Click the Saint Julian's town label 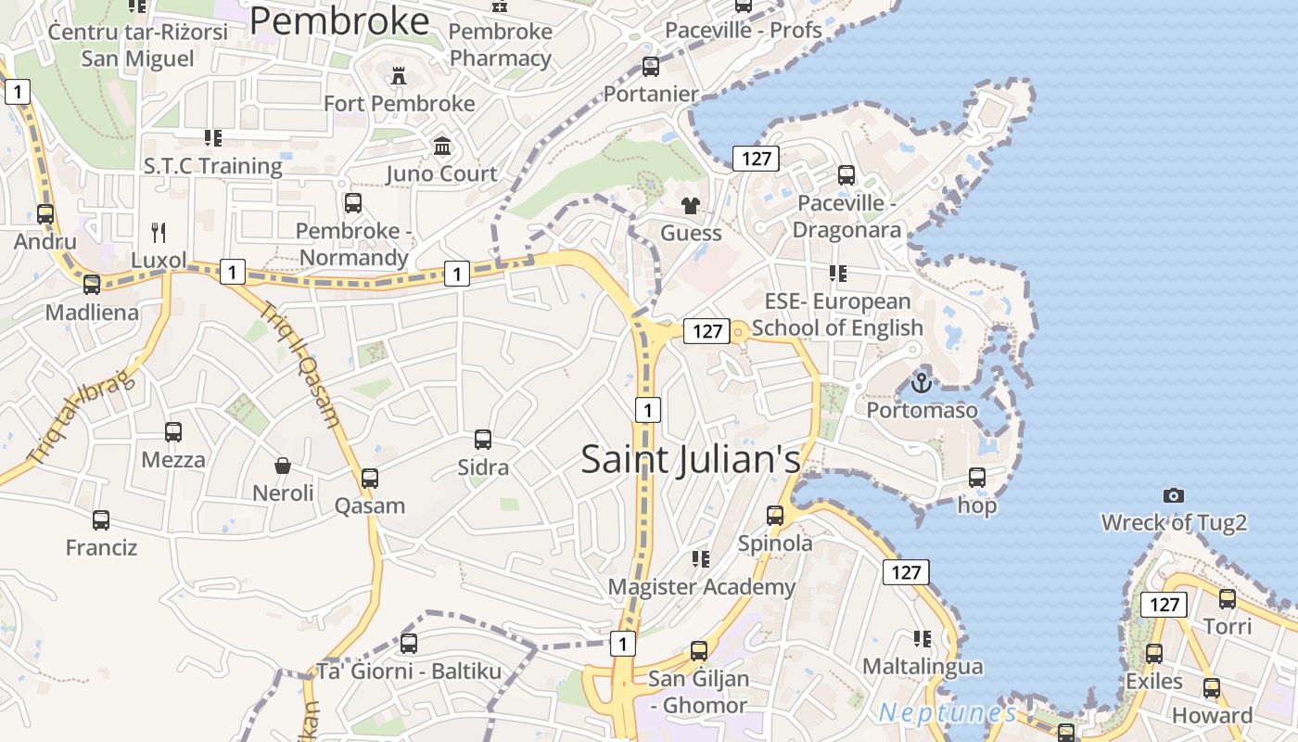[x=691, y=459]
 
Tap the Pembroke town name [x=339, y=20]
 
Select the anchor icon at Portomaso [x=921, y=382]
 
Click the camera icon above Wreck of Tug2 [x=1174, y=496]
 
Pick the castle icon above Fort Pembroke [x=399, y=76]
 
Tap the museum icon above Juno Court [x=442, y=147]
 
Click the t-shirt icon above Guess [x=691, y=206]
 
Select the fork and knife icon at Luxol [x=159, y=232]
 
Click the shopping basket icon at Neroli [x=283, y=466]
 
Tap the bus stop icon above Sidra [x=483, y=440]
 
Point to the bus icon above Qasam [x=370, y=479]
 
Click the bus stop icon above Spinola [x=775, y=516]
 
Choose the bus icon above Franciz [x=101, y=520]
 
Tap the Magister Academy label [x=701, y=587]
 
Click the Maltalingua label [x=923, y=667]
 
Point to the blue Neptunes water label [x=948, y=712]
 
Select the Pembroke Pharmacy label [x=501, y=45]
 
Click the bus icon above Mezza [x=173, y=432]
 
